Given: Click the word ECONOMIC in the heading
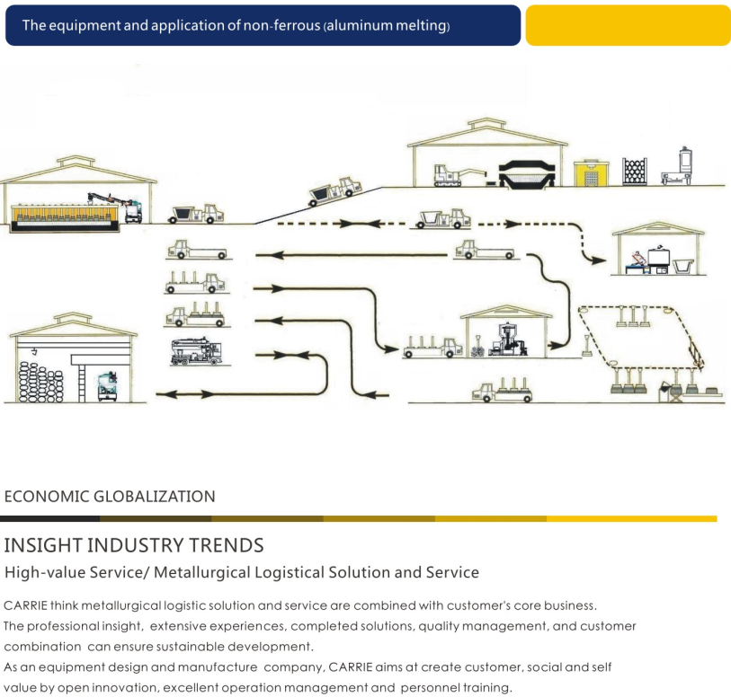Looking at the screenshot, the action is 47,497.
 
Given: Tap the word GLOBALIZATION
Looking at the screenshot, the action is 155,497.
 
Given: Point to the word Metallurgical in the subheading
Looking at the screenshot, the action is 202,572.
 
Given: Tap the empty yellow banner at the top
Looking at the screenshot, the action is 628,25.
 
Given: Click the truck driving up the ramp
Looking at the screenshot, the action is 334,191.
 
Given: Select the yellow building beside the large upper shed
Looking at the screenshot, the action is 591,172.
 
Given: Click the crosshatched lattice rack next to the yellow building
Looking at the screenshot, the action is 635,172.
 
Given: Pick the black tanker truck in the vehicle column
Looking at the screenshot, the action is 197,351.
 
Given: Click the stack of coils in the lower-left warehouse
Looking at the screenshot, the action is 40,383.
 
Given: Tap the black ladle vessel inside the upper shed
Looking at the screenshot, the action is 527,174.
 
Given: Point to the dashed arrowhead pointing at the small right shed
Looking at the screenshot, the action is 599,260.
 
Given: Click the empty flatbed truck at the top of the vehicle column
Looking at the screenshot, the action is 197,250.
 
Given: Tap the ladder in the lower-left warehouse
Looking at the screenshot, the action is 82,384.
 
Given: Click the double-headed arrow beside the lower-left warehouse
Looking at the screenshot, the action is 185,394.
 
